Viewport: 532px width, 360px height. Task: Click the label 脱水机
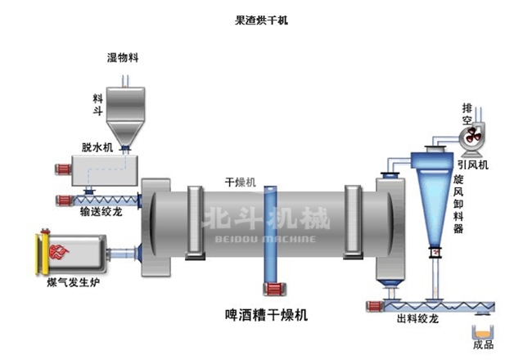(x=95, y=146)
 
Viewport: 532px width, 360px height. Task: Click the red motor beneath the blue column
(x=272, y=288)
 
